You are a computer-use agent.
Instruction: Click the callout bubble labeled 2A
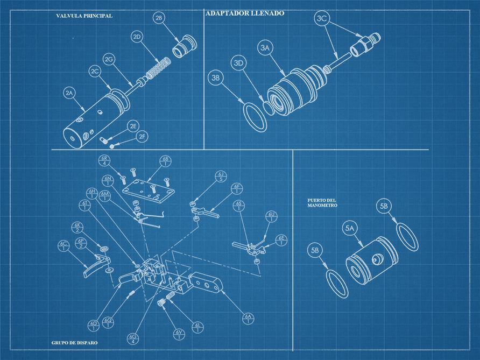coord(69,94)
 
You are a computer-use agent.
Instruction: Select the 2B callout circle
coord(159,19)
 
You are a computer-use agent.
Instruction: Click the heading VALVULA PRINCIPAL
coord(84,16)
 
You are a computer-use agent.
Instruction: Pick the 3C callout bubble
coord(322,19)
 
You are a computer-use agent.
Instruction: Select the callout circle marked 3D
coord(239,63)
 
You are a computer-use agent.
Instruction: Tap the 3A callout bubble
coord(265,48)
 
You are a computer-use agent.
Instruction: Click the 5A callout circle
coord(350,229)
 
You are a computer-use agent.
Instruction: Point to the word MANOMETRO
coord(322,206)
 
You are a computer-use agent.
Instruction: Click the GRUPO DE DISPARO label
coord(75,342)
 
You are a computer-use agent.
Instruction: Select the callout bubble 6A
coord(248,319)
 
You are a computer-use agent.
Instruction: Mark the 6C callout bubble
coord(64,245)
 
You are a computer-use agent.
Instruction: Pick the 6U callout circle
coord(272,217)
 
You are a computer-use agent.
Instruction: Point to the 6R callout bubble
coord(105,161)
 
